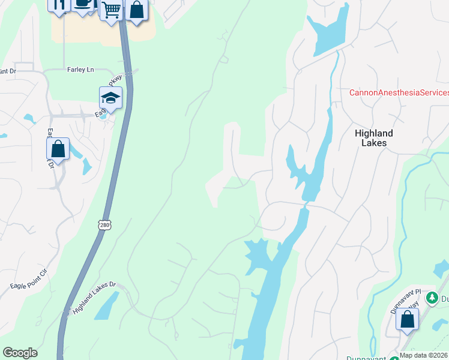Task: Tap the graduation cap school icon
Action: (110, 98)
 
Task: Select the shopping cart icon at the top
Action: (111, 10)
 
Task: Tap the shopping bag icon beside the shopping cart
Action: (137, 11)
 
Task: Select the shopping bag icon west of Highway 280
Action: (58, 148)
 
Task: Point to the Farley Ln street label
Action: (82, 70)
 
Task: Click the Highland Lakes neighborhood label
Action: (374, 138)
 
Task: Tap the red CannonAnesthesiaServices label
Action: (399, 92)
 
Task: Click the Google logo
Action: (20, 353)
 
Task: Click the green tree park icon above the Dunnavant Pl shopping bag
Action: (431, 297)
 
